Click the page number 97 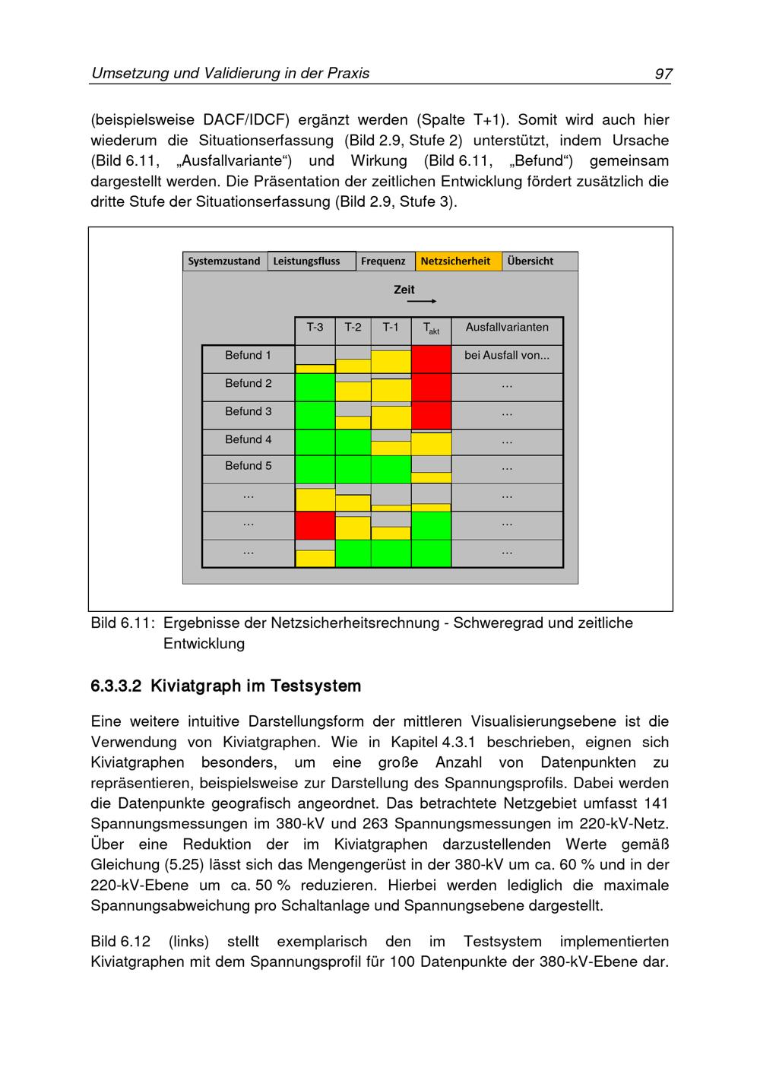pyautogui.click(x=663, y=74)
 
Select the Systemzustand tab pyautogui.click(x=224, y=261)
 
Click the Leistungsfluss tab pyautogui.click(x=307, y=261)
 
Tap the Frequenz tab pyautogui.click(x=383, y=261)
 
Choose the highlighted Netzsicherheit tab pyautogui.click(x=456, y=261)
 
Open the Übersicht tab pyautogui.click(x=530, y=261)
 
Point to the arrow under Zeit pyautogui.click(x=422, y=302)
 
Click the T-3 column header pyautogui.click(x=315, y=328)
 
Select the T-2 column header pyautogui.click(x=353, y=328)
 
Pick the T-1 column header pyautogui.click(x=391, y=328)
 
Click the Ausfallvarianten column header pyautogui.click(x=507, y=328)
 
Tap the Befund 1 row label pyautogui.click(x=248, y=356)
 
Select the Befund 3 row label pyautogui.click(x=248, y=412)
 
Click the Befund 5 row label pyautogui.click(x=248, y=466)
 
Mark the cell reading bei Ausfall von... pyautogui.click(x=507, y=356)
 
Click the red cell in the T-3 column pyautogui.click(x=315, y=525)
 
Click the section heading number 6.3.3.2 pyautogui.click(x=116, y=687)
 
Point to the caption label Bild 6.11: pyautogui.click(x=122, y=623)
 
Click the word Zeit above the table pyautogui.click(x=404, y=290)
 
